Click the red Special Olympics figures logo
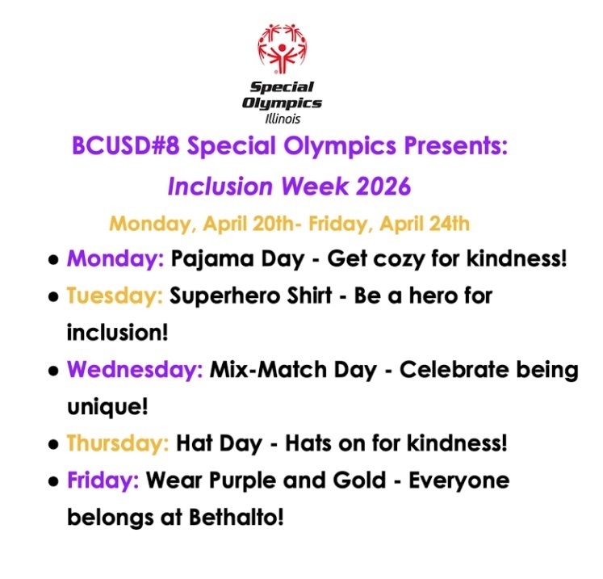(x=283, y=48)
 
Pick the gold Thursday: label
(x=118, y=443)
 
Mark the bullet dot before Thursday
(x=52, y=445)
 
